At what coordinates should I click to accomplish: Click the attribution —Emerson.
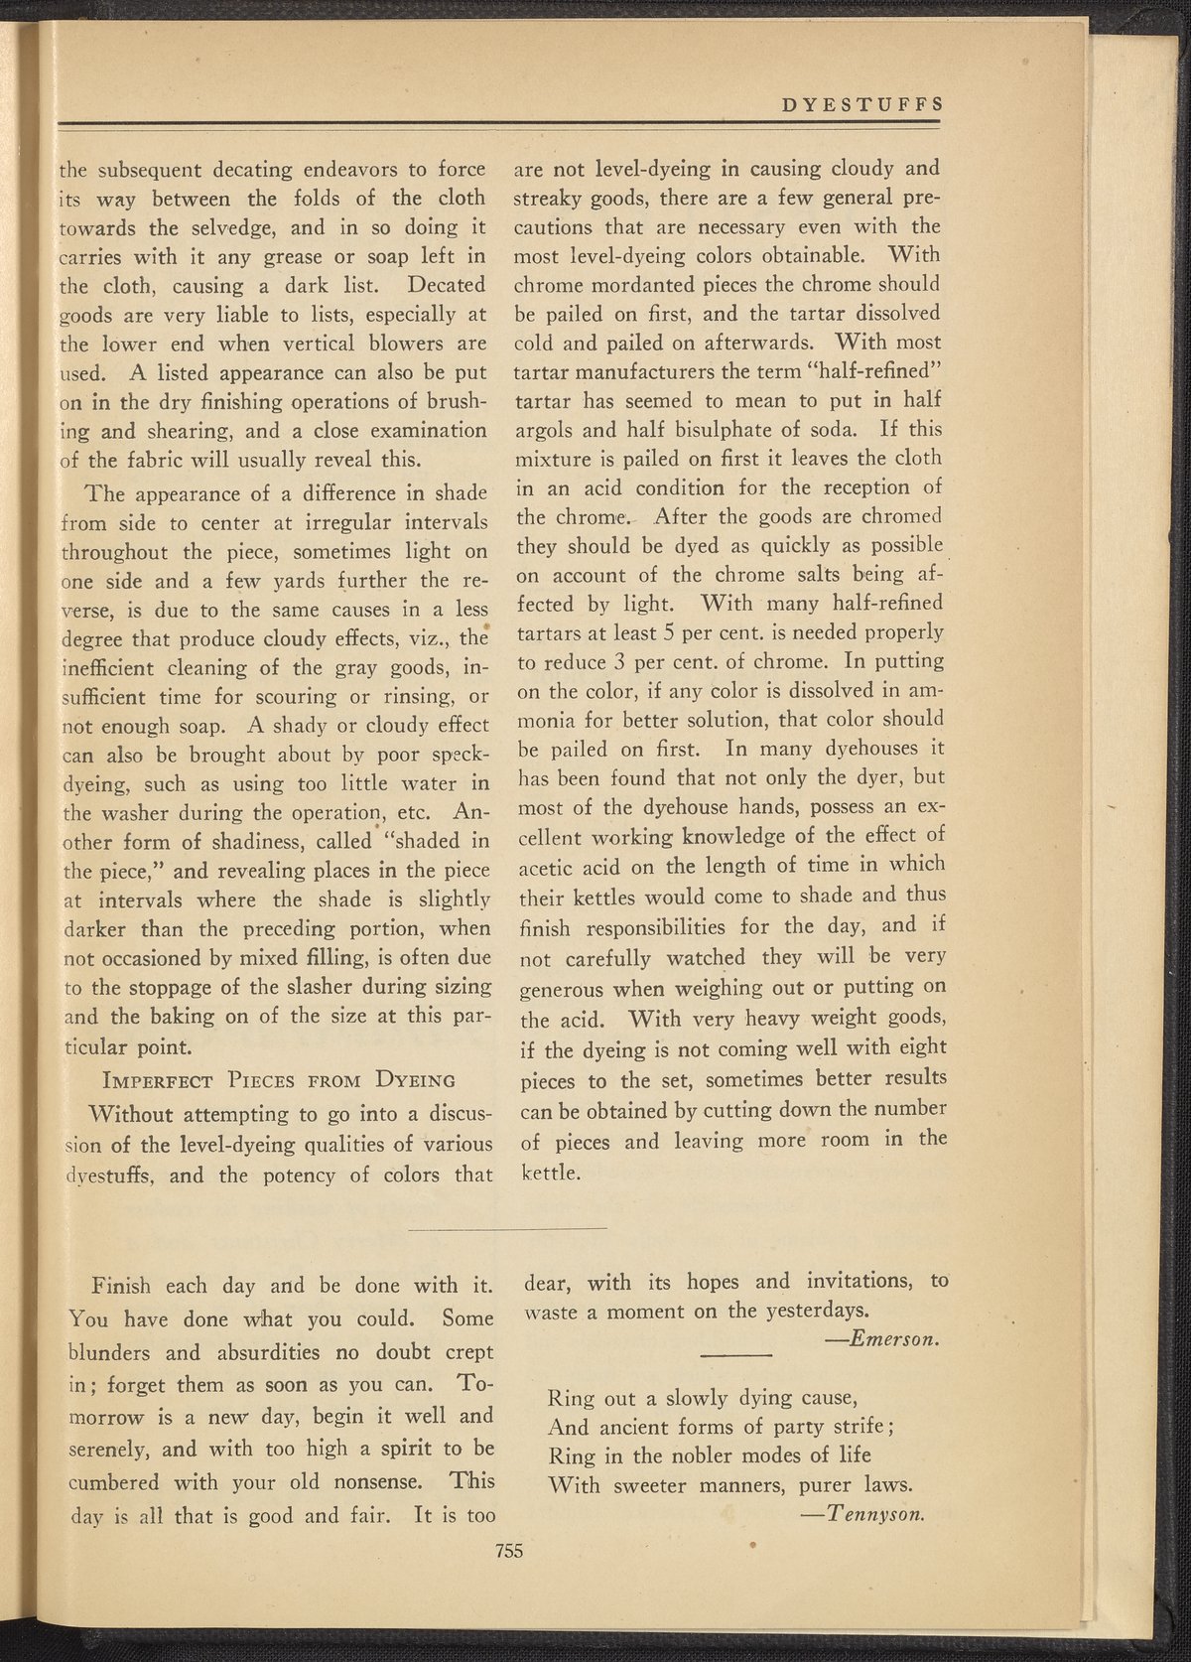[x=882, y=1339]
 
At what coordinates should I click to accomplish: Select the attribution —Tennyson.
[x=862, y=1514]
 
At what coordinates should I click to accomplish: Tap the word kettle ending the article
[x=548, y=1173]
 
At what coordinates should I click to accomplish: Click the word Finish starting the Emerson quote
[x=120, y=1286]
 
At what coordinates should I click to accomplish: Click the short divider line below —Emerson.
[x=735, y=1355]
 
